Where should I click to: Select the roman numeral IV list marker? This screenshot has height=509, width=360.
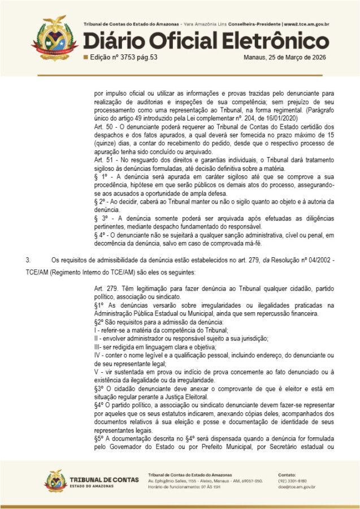coord(98,353)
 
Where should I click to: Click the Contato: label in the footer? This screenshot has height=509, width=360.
coord(287,474)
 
